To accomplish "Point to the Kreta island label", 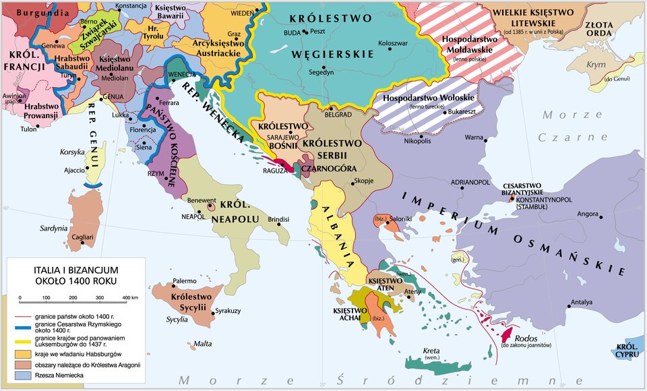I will coord(431,351).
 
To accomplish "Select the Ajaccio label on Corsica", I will coord(74,170).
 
